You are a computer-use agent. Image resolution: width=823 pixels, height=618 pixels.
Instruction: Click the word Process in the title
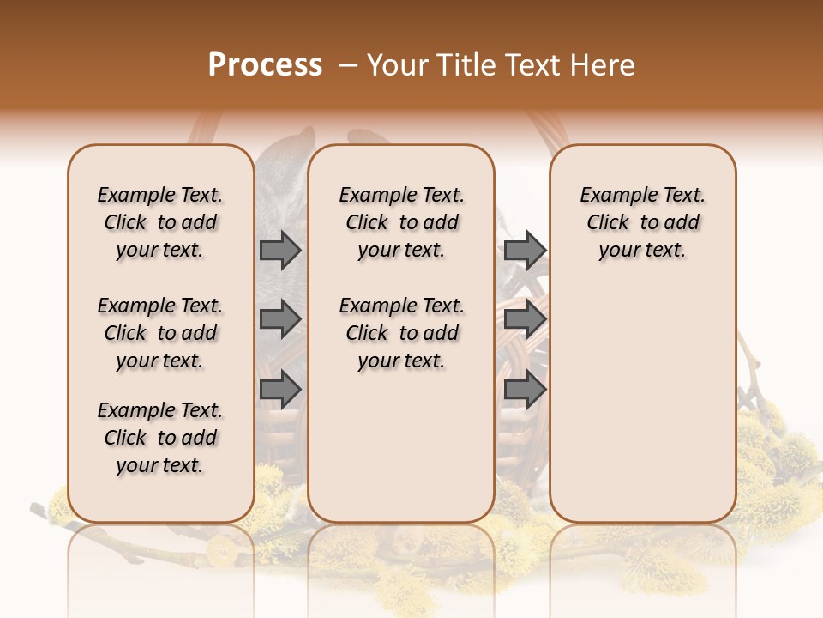[x=265, y=65]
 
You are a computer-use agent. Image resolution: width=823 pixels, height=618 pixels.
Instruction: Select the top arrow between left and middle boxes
[x=280, y=250]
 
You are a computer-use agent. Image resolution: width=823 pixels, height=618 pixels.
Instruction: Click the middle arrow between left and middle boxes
[x=280, y=318]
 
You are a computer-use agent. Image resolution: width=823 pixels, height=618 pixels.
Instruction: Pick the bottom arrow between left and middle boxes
[x=280, y=391]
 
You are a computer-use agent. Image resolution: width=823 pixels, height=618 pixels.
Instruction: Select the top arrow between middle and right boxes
[x=525, y=250]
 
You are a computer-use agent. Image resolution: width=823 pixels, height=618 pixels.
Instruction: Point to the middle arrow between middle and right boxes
[x=525, y=318]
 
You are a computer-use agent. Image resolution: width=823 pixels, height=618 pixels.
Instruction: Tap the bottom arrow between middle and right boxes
[x=525, y=391]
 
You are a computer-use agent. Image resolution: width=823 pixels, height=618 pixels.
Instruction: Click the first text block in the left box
[x=160, y=222]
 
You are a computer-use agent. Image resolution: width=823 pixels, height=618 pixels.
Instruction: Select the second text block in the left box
[x=160, y=333]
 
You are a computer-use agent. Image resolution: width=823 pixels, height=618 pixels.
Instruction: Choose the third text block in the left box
[x=160, y=438]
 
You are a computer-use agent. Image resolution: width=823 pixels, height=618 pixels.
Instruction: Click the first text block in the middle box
[x=401, y=222]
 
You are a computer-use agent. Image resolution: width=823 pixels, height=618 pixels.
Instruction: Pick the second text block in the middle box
[x=401, y=333]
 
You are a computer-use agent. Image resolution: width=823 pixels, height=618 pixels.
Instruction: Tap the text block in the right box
[x=643, y=222]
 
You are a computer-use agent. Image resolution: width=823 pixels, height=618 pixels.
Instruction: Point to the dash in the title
[x=348, y=65]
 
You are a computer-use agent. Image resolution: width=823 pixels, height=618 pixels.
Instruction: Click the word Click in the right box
[x=608, y=223]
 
